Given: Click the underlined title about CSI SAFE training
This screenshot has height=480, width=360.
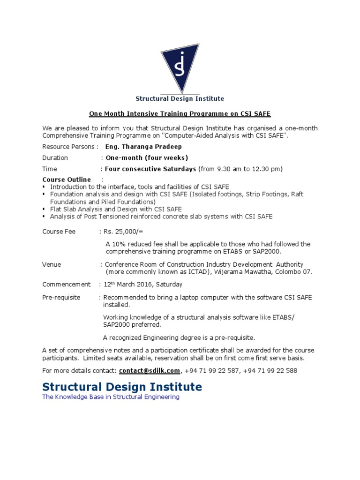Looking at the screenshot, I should tap(180, 114).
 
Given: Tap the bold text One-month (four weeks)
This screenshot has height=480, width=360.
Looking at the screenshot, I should tap(147, 158).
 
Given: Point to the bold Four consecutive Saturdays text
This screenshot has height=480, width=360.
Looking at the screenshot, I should tap(150, 169).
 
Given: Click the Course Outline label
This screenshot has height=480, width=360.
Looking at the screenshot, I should tap(67, 180).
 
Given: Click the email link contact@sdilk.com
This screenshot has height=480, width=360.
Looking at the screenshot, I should tap(149, 370).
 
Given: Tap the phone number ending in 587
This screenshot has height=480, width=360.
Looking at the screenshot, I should tap(211, 370).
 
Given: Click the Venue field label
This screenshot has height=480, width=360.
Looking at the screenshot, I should tap(52, 264).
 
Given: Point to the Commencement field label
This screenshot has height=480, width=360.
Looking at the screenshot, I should tap(66, 285).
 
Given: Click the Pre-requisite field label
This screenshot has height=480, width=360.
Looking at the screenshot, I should tap(61, 298).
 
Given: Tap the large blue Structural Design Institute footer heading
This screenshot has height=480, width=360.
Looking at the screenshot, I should tap(122, 387).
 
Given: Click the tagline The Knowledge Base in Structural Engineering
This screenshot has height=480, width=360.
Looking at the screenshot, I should tap(111, 397).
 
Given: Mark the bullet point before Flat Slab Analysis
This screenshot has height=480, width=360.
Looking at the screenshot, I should tap(44, 210).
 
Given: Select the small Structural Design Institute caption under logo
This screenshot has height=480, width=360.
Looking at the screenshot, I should tap(180, 99).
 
